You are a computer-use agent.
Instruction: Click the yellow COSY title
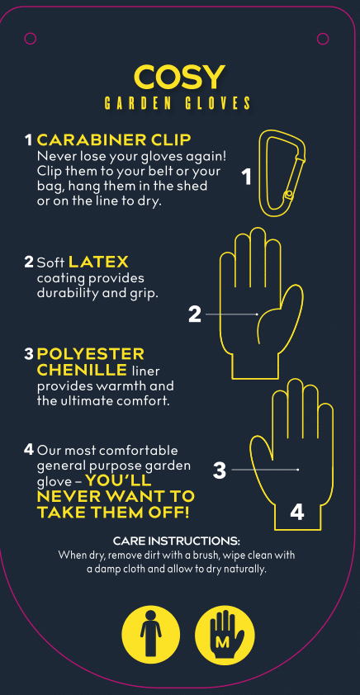coord(179,77)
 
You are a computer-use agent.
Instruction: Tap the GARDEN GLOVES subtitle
coord(178,104)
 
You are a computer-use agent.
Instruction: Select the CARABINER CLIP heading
coord(114,140)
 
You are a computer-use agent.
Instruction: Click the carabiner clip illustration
coord(283,173)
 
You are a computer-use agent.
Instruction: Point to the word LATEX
coord(98,262)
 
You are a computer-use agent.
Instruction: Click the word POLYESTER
coord(91,354)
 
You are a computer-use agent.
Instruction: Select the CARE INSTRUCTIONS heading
coord(177,541)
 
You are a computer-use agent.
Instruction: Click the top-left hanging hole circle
coord(31,39)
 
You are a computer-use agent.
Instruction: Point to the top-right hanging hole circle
coord(323,39)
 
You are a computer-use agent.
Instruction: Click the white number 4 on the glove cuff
coord(297,513)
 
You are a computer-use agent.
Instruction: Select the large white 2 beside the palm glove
coord(195,314)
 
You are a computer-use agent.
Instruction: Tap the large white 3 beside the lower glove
coord(220,470)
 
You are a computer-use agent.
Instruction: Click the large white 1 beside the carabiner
coord(247,177)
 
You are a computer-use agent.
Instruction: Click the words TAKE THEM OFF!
coord(113,513)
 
